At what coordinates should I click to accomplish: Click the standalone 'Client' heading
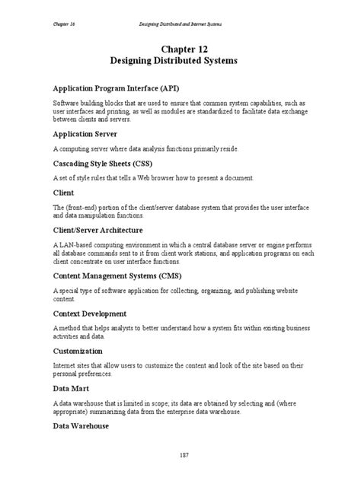63,193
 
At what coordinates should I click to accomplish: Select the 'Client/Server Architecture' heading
97,229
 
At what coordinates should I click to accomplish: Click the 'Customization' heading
78,352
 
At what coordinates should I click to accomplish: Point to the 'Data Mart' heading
72,387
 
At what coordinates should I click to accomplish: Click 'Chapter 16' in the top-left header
64,11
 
